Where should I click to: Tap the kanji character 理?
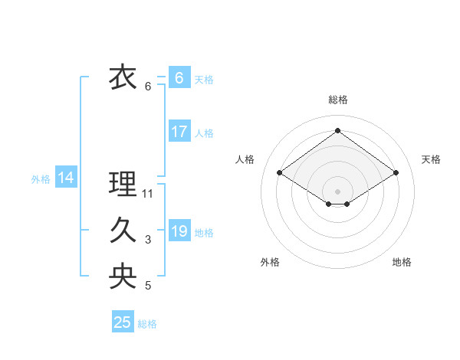click(x=123, y=185)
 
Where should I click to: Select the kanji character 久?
click(x=123, y=231)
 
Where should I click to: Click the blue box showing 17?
click(x=179, y=132)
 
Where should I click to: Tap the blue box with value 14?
click(x=66, y=178)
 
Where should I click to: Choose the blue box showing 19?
click(x=179, y=231)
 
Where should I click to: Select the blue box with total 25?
click(x=123, y=322)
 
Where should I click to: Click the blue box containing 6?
click(x=179, y=78)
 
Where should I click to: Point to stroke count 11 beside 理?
click(x=148, y=194)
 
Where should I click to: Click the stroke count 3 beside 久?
click(x=148, y=240)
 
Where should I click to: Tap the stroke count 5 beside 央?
click(x=148, y=286)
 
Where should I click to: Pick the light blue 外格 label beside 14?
click(x=41, y=179)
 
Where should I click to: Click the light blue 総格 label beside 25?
click(x=147, y=324)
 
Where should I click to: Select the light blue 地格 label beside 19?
click(x=204, y=233)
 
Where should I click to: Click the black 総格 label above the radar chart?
click(x=337, y=100)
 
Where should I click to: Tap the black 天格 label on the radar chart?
click(x=431, y=159)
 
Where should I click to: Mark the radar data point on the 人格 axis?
click(x=280, y=173)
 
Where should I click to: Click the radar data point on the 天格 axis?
click(x=396, y=173)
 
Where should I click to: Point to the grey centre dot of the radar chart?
click(x=337, y=191)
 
